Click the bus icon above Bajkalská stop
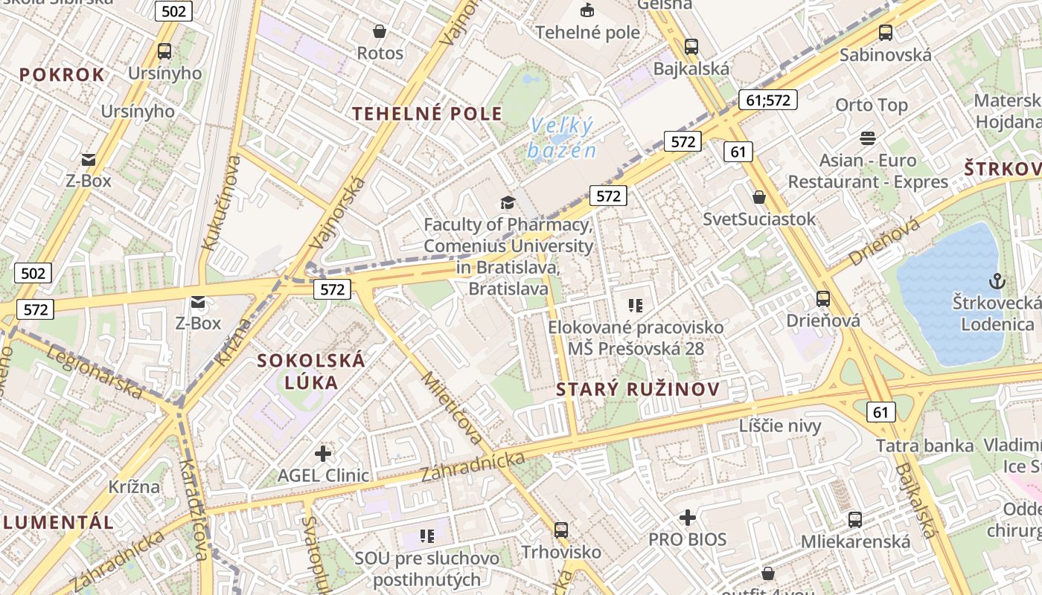(x=691, y=46)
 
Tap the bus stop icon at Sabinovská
(x=885, y=33)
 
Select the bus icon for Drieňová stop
(x=822, y=299)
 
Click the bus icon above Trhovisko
(x=560, y=530)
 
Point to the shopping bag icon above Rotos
(x=380, y=31)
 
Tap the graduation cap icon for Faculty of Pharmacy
(x=508, y=202)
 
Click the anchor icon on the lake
(x=996, y=281)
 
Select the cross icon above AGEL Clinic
(x=323, y=453)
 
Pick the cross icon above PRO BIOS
(x=688, y=517)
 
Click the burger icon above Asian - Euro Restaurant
(x=867, y=138)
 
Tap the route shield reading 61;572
(x=768, y=100)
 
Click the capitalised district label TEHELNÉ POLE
(x=427, y=114)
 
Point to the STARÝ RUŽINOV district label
(x=638, y=389)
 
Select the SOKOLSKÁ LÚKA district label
(x=311, y=371)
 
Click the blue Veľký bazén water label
(x=563, y=138)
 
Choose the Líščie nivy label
(x=780, y=426)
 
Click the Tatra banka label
(x=924, y=446)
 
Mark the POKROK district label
(x=62, y=74)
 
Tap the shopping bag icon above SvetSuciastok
(x=759, y=197)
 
